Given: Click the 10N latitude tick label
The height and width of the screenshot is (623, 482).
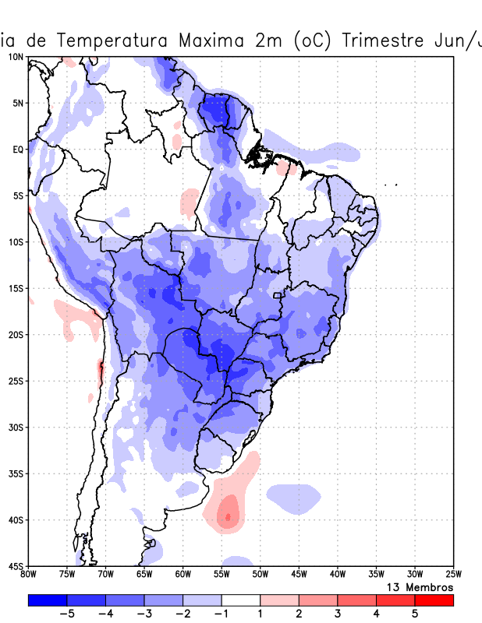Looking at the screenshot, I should click(x=16, y=57).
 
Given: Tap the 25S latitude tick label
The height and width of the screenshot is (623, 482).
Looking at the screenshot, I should click(x=16, y=381).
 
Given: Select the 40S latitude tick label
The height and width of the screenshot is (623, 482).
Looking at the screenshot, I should click(x=16, y=519).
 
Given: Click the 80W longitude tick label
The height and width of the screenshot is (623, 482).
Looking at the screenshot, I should click(x=28, y=575).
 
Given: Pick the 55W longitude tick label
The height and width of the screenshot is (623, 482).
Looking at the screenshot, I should click(x=222, y=575).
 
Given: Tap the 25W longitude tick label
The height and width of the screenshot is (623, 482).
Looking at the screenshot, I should click(x=453, y=575).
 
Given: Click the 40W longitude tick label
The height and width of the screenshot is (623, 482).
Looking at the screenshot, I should click(x=337, y=575).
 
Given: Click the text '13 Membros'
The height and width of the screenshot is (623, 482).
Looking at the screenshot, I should click(x=420, y=586).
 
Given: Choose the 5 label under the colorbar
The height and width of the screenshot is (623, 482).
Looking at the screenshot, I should click(x=415, y=614).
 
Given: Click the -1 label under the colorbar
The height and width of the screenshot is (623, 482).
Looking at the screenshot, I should click(x=221, y=614).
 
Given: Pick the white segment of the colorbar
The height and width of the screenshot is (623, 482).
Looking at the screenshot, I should click(x=241, y=600).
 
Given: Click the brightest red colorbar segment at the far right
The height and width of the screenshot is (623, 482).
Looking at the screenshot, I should click(x=434, y=600).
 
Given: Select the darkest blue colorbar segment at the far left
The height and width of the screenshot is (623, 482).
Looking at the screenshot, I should click(x=48, y=600).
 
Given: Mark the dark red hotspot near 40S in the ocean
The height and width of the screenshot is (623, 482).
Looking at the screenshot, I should click(x=228, y=516).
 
